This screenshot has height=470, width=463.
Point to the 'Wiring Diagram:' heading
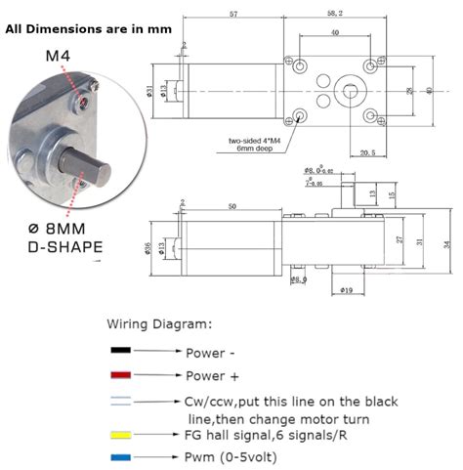click(x=157, y=323)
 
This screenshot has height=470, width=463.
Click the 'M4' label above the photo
click(x=58, y=56)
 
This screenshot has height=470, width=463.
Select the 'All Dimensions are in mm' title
click(x=88, y=29)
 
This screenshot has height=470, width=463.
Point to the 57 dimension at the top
click(x=233, y=15)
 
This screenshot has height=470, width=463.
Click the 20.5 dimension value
click(x=367, y=152)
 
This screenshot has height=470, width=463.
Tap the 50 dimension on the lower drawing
click(x=231, y=207)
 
